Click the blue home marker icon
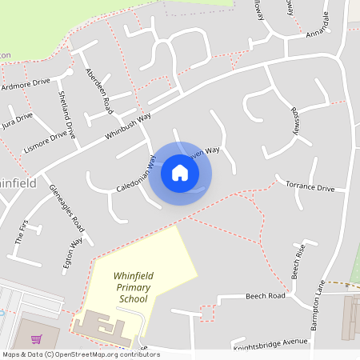pos(180,172)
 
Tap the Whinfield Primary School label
pos(132,286)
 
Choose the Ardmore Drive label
pos(26,83)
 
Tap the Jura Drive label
pos(18,119)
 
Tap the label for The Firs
pos(22,231)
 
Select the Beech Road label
pos(264,296)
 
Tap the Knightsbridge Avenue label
pos(270,345)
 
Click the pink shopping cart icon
pos(37,338)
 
